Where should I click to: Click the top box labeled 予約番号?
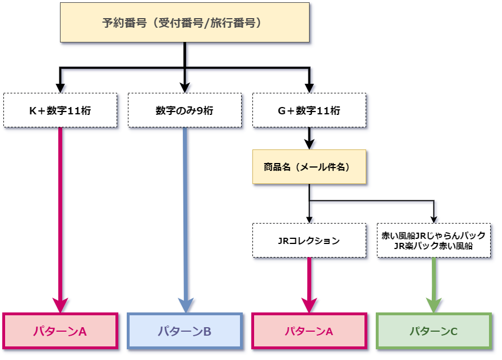185,23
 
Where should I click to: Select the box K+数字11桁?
60,110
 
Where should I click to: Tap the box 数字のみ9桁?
185,110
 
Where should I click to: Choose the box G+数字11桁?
309,110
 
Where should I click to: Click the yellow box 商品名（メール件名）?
309,167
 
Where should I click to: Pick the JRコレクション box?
309,241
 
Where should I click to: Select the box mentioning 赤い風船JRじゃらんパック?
434,235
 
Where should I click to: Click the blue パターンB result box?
185,331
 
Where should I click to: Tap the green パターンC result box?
434,331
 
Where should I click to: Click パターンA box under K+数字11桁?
60,331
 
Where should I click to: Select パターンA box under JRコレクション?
309,331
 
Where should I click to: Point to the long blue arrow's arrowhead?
185,305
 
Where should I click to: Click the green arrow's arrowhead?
434,305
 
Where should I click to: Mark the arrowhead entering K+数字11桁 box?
60,87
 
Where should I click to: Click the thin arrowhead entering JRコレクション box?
309,220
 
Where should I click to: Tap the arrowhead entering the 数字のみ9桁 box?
185,87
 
